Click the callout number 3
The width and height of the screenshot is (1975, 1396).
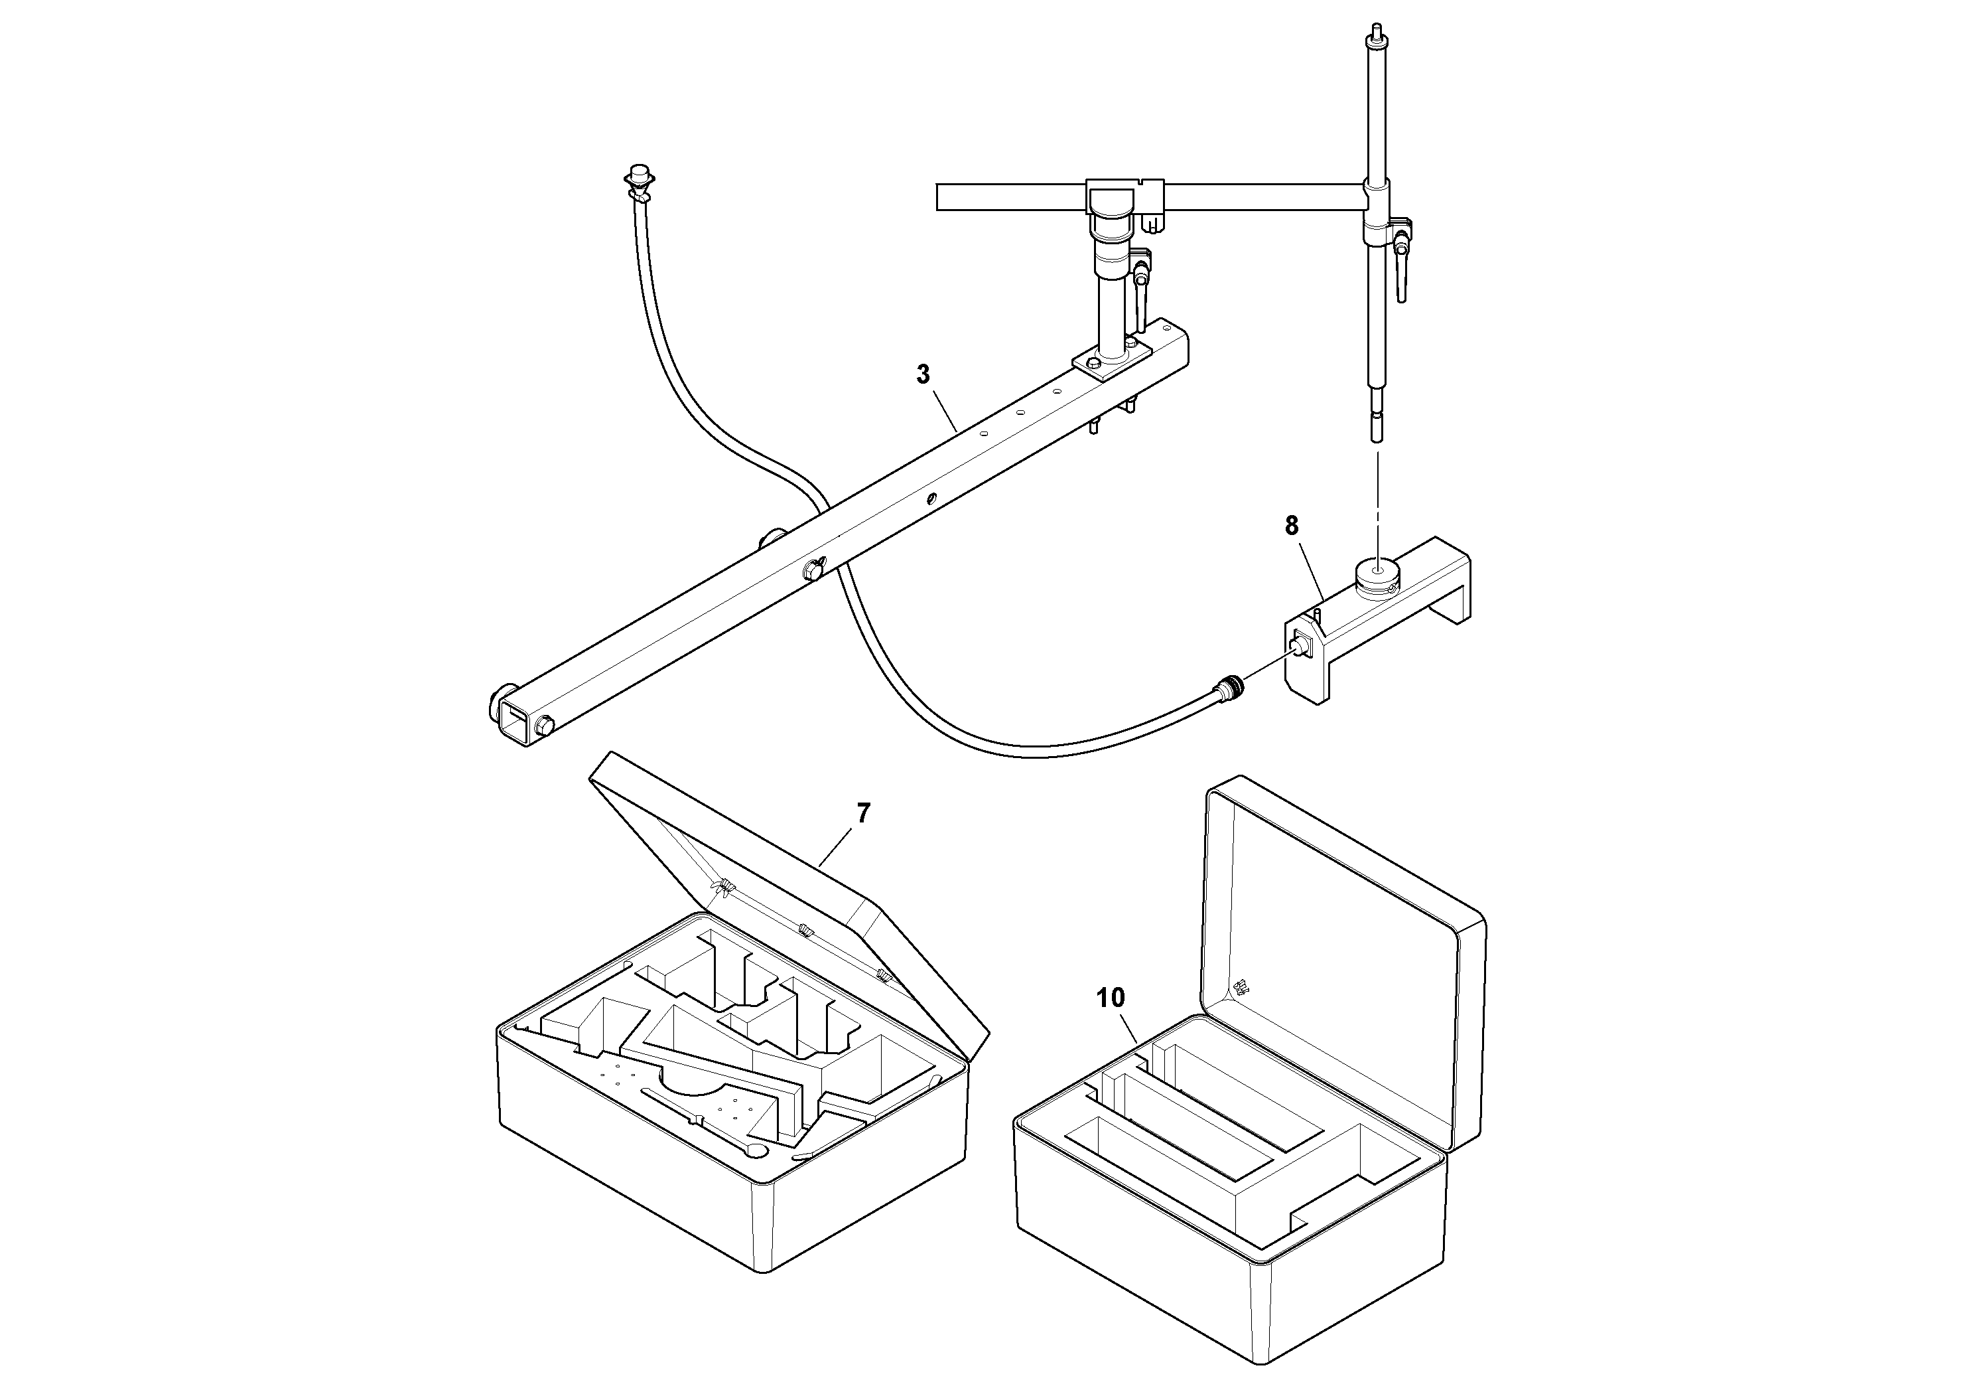click(923, 375)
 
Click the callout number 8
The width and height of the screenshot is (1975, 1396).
click(1291, 526)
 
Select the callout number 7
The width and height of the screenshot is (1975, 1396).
click(862, 813)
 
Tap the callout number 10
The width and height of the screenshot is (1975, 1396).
click(1111, 998)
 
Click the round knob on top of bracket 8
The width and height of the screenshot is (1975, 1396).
click(1377, 572)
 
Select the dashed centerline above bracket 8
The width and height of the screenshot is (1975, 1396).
click(1377, 499)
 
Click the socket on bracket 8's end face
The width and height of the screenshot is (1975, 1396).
click(1300, 643)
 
